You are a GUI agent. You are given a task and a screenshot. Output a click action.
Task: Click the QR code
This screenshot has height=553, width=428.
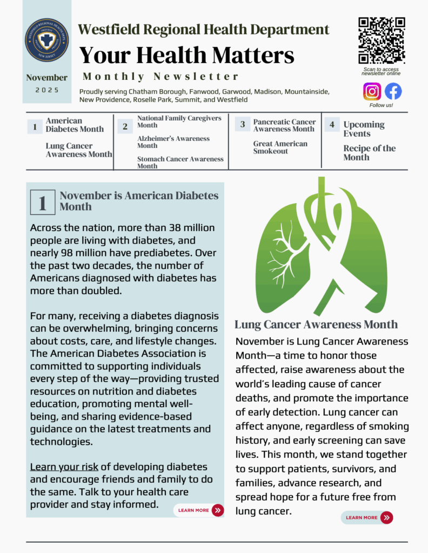(x=382, y=41)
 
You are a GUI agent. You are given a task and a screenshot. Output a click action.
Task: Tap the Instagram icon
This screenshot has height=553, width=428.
(x=372, y=91)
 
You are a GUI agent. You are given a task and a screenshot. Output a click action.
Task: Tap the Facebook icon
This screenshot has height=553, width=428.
(x=393, y=91)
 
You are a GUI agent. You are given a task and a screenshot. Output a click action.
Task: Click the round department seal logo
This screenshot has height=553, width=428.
(x=46, y=40)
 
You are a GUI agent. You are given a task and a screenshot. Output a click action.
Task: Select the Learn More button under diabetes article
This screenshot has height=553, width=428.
(x=198, y=510)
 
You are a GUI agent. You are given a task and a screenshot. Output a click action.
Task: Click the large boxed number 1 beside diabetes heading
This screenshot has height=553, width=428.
(x=43, y=203)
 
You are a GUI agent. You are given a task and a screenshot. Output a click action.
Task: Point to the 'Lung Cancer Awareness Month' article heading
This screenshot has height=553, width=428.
(x=316, y=325)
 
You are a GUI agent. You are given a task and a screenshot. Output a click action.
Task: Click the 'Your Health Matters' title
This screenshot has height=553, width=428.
(x=187, y=55)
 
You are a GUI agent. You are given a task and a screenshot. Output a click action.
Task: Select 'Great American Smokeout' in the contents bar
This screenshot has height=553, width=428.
(x=280, y=147)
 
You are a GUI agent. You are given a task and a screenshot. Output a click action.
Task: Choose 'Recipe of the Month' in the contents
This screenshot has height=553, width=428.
(x=369, y=153)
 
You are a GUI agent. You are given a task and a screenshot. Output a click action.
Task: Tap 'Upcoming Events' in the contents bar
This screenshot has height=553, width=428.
(x=364, y=129)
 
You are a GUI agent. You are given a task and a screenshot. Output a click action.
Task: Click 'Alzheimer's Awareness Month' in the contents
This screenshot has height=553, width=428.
(x=173, y=142)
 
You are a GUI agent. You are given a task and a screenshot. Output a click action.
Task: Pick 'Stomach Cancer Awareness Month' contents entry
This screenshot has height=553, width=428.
(x=180, y=163)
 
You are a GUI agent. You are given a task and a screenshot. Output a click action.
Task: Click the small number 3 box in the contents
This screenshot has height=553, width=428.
(x=242, y=125)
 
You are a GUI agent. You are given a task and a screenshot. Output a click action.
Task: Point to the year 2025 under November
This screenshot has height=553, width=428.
(x=47, y=90)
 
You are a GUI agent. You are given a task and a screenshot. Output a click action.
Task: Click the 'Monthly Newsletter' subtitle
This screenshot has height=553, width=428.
(x=160, y=77)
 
